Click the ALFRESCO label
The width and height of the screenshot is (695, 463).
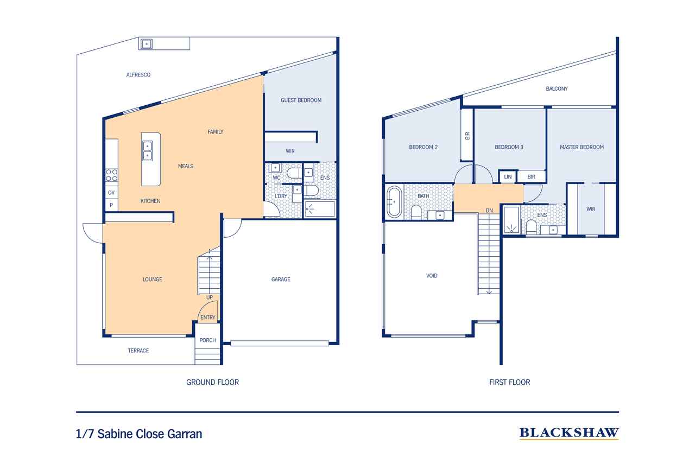tap(138, 75)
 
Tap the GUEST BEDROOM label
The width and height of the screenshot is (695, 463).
tap(301, 100)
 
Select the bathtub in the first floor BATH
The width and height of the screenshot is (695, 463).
tap(394, 202)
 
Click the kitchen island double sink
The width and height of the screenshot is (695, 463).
tap(147, 151)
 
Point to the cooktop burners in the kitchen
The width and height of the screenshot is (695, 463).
tap(112, 175)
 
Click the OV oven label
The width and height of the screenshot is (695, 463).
tap(111, 193)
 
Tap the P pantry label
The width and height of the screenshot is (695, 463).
tap(111, 205)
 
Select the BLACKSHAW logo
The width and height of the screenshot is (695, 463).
tap(569, 433)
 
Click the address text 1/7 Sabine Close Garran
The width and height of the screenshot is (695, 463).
tap(139, 434)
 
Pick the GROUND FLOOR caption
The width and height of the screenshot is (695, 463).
tap(212, 382)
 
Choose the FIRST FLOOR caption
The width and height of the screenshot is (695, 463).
tap(509, 382)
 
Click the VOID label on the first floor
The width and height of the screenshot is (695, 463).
tap(432, 276)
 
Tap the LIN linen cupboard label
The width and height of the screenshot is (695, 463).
tap(508, 177)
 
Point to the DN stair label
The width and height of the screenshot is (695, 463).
tap(489, 211)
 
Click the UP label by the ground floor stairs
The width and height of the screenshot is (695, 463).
tap(210, 297)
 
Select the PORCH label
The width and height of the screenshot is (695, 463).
tap(207, 340)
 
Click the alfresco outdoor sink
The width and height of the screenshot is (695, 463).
tap(147, 44)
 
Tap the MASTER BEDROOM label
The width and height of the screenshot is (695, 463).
tap(582, 147)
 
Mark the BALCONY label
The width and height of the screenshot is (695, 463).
tap(557, 88)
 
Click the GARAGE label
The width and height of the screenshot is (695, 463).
tap(281, 280)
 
